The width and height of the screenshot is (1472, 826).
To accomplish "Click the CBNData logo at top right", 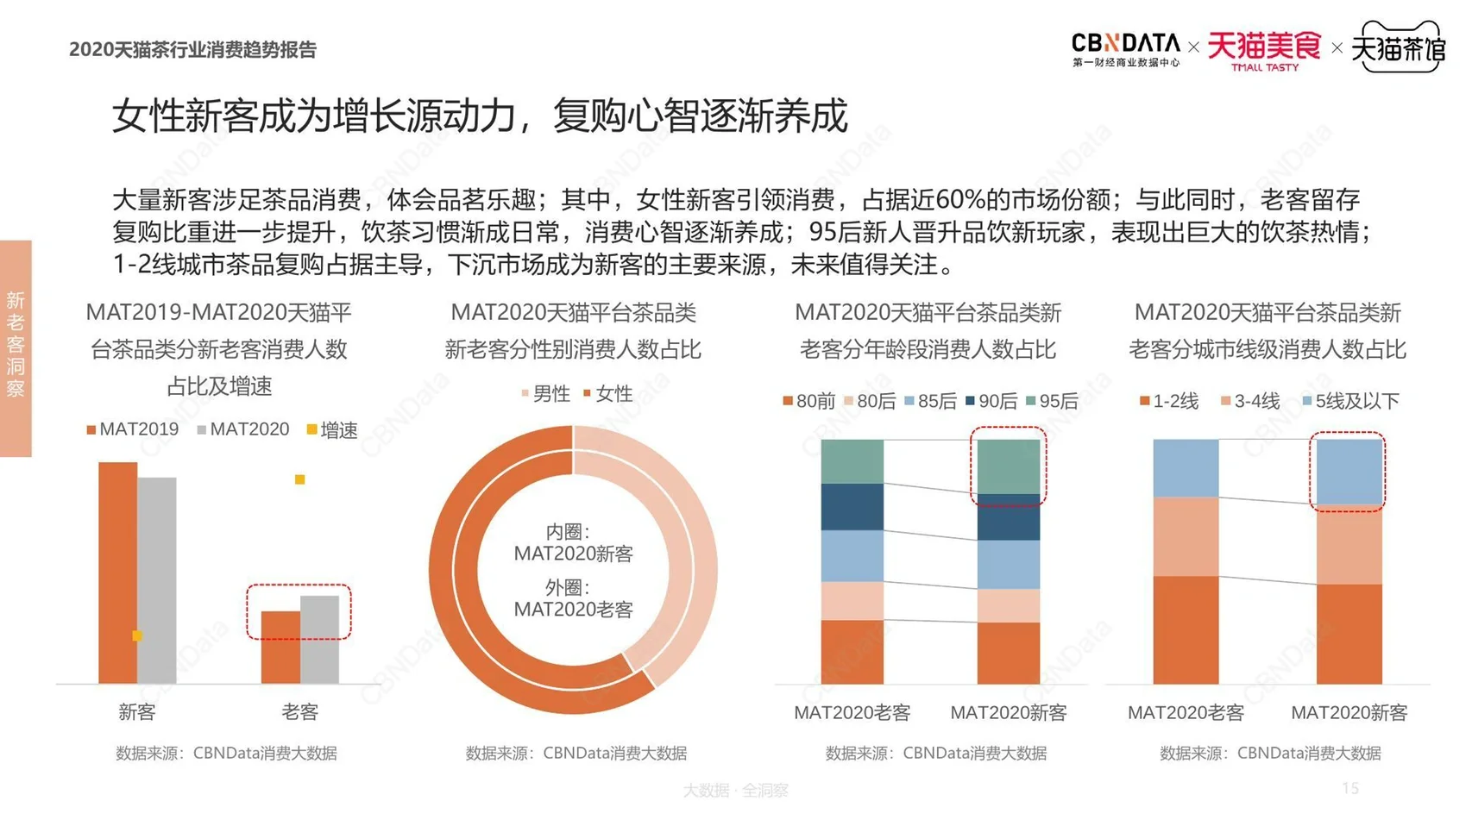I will point(1125,48).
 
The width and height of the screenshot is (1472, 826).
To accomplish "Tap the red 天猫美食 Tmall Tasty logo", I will point(1263,50).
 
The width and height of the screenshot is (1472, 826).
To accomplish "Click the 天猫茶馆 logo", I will point(1398,48).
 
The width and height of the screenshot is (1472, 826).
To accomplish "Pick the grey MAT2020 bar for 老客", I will point(319,639).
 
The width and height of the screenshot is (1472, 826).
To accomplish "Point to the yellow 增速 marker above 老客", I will point(299,479).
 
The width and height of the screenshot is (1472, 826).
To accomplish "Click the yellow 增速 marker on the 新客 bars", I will point(137,635).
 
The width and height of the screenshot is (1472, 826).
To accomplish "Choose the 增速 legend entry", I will point(332,429).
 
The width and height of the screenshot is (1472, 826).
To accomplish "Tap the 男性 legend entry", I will point(545,394).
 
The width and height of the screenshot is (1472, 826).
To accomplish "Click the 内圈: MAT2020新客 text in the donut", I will point(573,542).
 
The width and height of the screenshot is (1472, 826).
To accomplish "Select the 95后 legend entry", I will point(1052,401).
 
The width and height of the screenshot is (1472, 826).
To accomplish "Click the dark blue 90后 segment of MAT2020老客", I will point(852,506).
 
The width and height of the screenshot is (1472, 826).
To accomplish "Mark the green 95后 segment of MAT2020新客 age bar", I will point(1008,466).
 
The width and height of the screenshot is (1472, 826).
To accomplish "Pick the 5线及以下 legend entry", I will point(1350,401).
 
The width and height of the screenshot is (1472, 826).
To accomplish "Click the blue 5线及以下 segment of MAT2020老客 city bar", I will point(1186,467).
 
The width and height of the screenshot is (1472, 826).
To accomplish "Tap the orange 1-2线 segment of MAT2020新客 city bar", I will point(1349,634).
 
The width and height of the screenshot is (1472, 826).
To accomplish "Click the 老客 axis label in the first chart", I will point(299,712).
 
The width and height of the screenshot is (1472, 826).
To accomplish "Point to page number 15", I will point(1350,788).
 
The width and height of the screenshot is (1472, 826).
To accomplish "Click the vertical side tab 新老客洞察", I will point(16,346).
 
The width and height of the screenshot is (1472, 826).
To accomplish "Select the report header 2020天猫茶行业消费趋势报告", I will point(192,50).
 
